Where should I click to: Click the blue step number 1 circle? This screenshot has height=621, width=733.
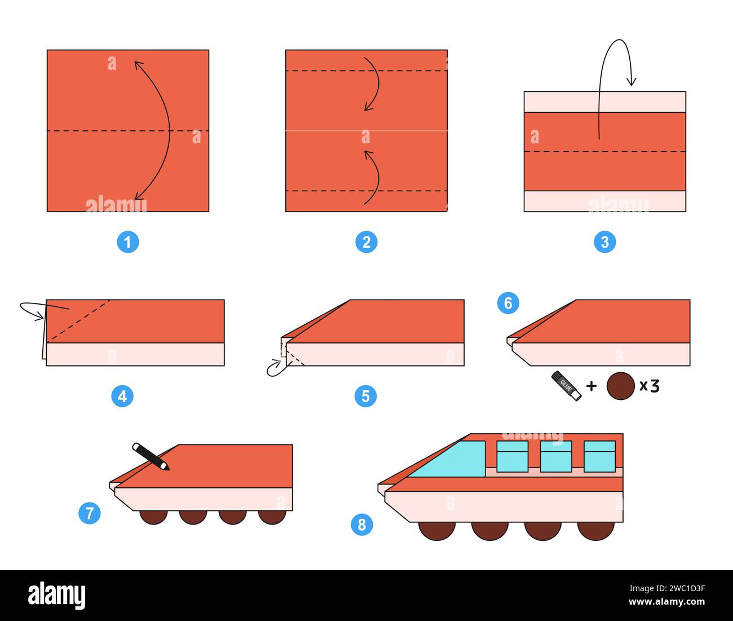click(128, 243)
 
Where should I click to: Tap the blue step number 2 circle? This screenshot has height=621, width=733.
click(366, 243)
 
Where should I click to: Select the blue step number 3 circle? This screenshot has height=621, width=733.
click(605, 243)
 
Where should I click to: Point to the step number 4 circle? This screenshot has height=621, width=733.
click(122, 397)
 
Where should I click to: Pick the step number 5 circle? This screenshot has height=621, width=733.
click(365, 397)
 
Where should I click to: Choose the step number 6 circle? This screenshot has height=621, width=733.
click(508, 303)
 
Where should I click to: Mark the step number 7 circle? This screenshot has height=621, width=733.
click(90, 513)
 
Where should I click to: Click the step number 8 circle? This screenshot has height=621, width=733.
click(362, 525)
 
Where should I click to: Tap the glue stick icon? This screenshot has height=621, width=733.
click(566, 386)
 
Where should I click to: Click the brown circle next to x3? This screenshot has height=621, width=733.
click(620, 386)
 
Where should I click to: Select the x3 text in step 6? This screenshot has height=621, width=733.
click(649, 386)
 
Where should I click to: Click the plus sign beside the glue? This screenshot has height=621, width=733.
click(591, 386)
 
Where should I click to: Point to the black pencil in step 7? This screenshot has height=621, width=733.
click(151, 456)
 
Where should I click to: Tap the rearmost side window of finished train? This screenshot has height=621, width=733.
click(599, 456)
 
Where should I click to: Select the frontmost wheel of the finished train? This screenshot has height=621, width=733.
click(437, 530)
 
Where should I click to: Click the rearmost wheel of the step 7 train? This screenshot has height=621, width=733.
click(272, 516)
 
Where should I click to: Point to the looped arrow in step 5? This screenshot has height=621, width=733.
click(276, 367)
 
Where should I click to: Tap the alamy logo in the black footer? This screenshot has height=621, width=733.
click(57, 596)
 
